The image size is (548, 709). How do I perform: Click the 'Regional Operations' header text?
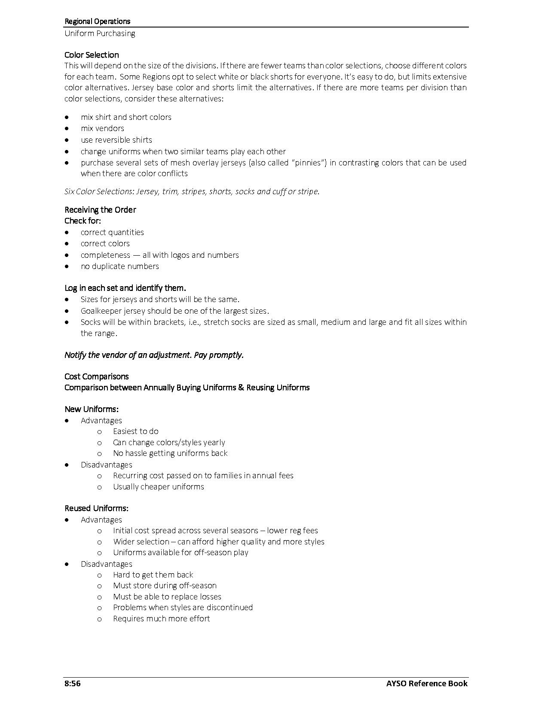pos(97,21)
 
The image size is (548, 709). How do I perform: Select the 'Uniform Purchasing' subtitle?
pos(100,33)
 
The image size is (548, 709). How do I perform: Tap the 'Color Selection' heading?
pos(92,55)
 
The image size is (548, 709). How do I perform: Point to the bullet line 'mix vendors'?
pos(102,128)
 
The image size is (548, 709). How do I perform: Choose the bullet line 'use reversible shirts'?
pos(116,140)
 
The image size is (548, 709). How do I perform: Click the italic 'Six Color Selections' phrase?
pos(99,191)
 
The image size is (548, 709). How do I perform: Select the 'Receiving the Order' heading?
pos(100,210)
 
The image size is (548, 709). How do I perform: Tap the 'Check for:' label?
pos(83,220)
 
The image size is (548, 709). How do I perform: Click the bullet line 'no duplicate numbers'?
pos(119,266)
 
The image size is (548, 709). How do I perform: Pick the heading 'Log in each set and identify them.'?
pos(125,288)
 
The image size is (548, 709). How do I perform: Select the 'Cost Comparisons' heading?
pos(96,376)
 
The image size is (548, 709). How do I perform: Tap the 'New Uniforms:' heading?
pos(92,409)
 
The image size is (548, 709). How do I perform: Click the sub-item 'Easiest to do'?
pos(135,431)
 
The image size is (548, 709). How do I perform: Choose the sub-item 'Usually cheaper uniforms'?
pos(158,486)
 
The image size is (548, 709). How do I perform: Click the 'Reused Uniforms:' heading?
pos(96,508)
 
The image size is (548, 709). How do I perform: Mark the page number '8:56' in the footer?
pos(73,683)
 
